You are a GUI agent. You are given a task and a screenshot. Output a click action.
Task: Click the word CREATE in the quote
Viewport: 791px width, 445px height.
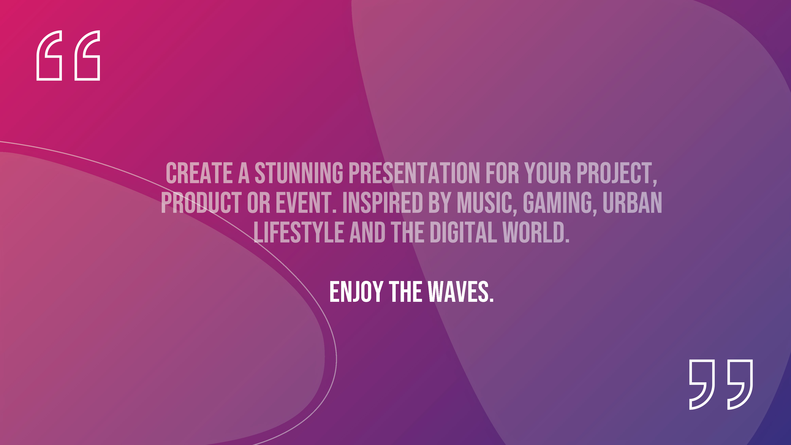[x=199, y=173]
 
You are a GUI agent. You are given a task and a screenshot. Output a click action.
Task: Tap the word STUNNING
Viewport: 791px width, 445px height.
[x=299, y=173]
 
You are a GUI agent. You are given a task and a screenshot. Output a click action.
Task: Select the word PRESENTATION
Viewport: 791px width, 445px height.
[x=414, y=173]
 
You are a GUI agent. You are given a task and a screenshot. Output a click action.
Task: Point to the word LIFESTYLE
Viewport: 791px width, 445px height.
[x=298, y=232]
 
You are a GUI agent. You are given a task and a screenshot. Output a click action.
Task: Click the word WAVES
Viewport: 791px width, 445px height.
[x=461, y=292]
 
